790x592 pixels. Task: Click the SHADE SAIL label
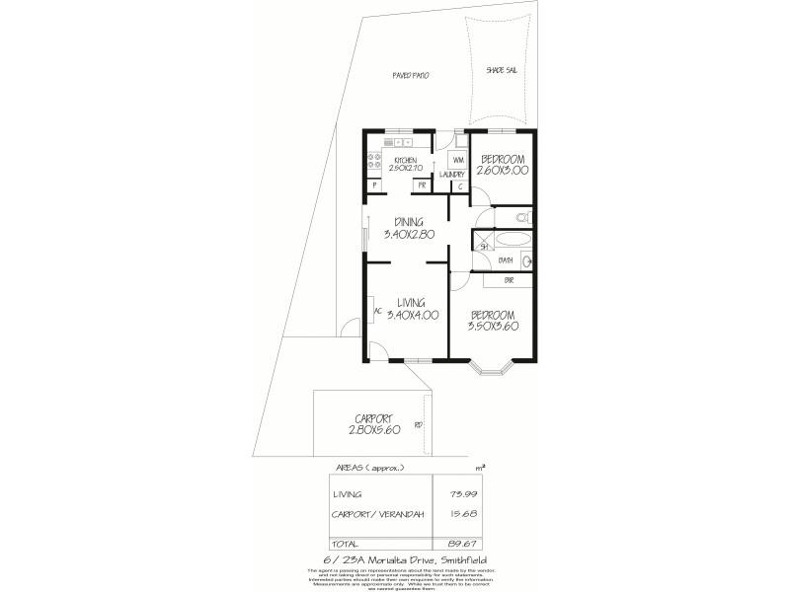point(502,71)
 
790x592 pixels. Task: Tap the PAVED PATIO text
point(408,75)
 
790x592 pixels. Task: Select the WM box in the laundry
point(458,159)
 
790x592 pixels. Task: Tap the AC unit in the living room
point(372,310)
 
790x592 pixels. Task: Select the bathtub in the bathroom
point(512,239)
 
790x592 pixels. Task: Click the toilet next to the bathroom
point(522,216)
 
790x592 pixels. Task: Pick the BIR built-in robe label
point(509,280)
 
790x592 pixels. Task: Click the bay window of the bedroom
point(491,371)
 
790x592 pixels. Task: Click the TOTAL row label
point(347,542)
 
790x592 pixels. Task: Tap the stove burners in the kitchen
point(374,160)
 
